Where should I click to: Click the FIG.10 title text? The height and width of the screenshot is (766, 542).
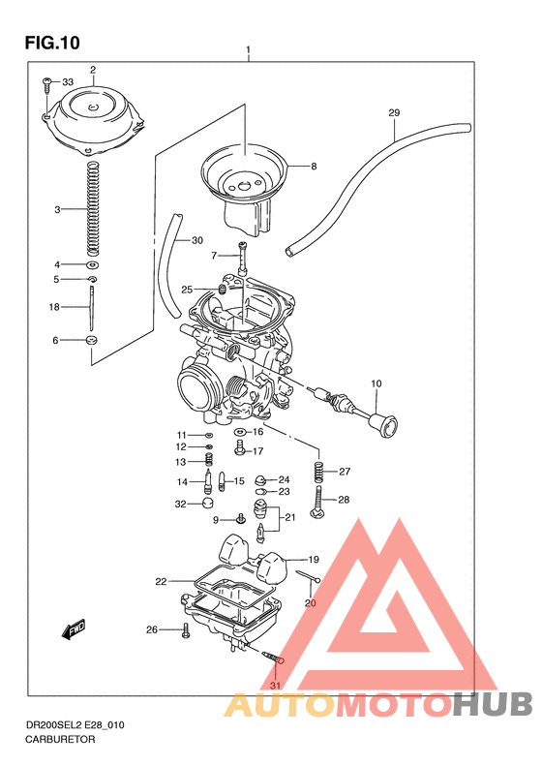[51, 43]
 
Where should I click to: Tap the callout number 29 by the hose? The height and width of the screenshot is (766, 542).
[394, 113]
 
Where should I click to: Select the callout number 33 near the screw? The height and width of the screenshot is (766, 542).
[68, 82]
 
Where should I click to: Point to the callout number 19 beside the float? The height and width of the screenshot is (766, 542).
[314, 560]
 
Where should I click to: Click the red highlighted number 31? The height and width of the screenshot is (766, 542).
[276, 687]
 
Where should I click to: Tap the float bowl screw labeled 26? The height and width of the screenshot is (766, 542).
[184, 631]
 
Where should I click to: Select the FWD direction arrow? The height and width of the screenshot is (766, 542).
[74, 630]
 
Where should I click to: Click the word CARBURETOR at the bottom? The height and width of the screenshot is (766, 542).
[53, 738]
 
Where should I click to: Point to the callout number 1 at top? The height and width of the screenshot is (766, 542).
[249, 49]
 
